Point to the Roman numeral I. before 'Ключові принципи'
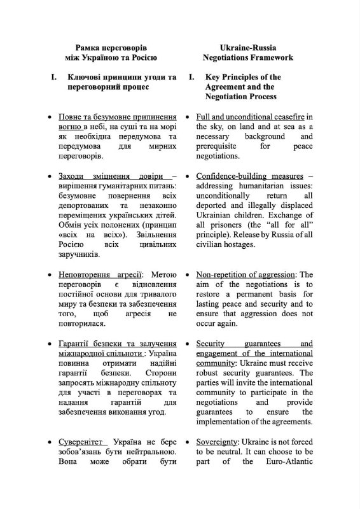point(54,78)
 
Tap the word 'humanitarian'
point(260,185)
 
